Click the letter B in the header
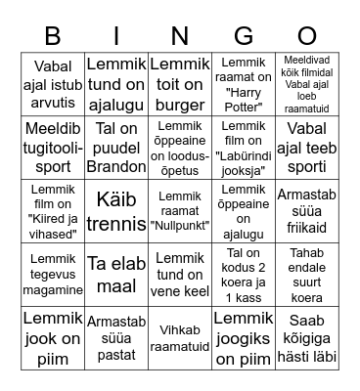tap(53, 36)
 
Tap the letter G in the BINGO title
tap(244, 36)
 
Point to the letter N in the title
tap(180, 36)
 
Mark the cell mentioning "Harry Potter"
tap(244, 83)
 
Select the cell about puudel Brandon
tap(117, 147)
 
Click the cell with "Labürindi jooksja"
tap(244, 147)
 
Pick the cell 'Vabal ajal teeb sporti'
tap(307, 147)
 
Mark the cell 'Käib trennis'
tap(117, 210)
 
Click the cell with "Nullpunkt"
tap(180, 210)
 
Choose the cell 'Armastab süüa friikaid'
tap(307, 210)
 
